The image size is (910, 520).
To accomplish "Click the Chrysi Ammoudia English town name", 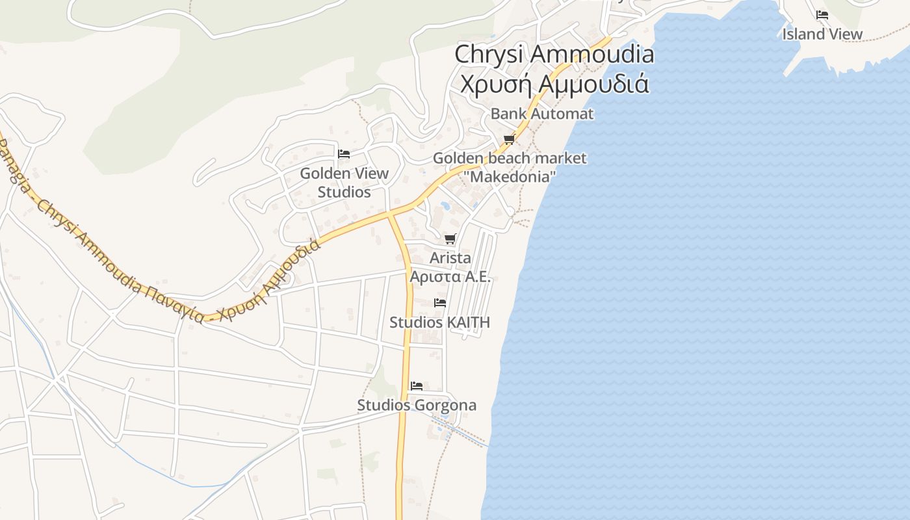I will click(x=554, y=54).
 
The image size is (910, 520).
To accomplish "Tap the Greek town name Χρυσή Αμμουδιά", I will click(x=554, y=84).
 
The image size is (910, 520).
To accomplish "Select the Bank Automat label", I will click(x=541, y=114).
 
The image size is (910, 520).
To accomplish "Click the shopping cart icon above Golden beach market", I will click(x=509, y=139).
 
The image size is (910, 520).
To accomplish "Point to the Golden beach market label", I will click(x=509, y=158).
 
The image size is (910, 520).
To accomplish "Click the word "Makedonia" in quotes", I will click(x=512, y=176).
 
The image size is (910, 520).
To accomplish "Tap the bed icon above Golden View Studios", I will click(x=344, y=154).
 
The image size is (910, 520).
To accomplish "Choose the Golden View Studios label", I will click(x=344, y=183).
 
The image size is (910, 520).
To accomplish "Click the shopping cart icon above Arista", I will click(x=450, y=239).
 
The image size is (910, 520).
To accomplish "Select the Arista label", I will click(x=450, y=258).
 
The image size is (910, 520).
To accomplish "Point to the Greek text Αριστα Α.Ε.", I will click(x=450, y=276).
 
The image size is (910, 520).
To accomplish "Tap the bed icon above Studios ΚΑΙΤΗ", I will click(x=440, y=303).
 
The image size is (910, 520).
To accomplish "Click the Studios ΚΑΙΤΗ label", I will click(x=439, y=322).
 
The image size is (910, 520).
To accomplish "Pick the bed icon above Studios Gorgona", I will click(x=417, y=386).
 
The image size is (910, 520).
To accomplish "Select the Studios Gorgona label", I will click(x=417, y=406).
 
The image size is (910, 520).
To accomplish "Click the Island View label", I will click(x=822, y=34).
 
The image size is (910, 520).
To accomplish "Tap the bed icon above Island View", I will click(x=822, y=15).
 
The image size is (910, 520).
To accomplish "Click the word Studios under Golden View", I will click(x=344, y=192).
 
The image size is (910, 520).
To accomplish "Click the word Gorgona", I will click(x=445, y=406).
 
